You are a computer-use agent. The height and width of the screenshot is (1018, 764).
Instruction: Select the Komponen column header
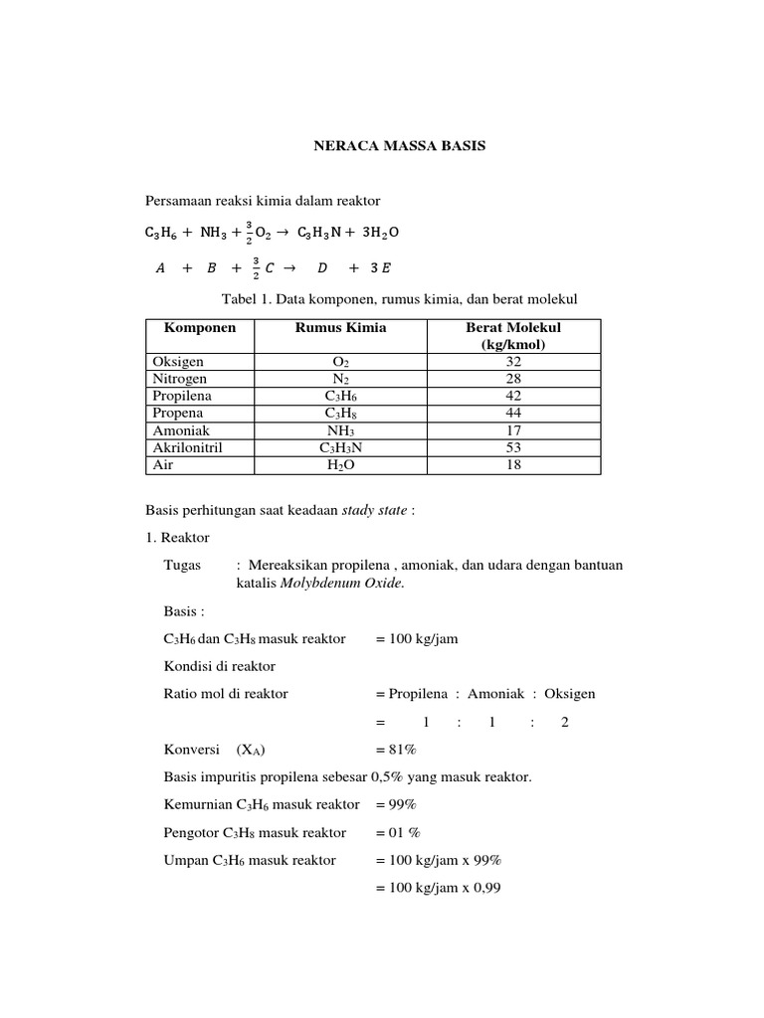(194, 328)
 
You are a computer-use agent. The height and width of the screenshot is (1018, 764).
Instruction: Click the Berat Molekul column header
(513, 328)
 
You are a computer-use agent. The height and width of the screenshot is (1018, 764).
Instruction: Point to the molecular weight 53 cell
(513, 447)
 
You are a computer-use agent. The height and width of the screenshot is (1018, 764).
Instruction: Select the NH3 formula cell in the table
(340, 430)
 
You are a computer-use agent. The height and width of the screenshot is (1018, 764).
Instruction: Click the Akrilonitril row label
(187, 447)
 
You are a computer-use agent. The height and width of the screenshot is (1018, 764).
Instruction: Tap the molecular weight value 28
(513, 379)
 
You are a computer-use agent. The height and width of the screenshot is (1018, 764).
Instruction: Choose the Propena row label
(178, 413)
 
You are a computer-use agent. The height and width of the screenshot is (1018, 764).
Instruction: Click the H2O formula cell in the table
(340, 464)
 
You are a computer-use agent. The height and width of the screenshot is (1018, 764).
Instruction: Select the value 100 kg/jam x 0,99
(439, 888)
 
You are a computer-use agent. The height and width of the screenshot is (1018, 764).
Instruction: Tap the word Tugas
(182, 565)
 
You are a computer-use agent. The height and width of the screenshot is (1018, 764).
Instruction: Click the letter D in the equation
(321, 268)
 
